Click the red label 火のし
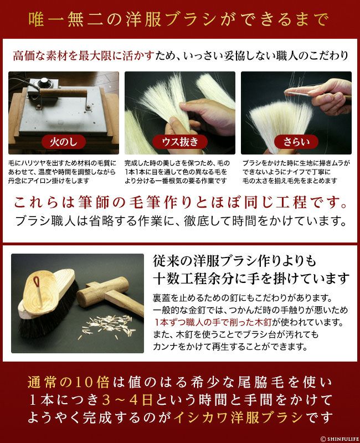click(64, 142)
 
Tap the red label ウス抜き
click(180, 142)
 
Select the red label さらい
click(296, 142)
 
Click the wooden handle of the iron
click(63, 93)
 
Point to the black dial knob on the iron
click(45, 81)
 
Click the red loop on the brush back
click(37, 281)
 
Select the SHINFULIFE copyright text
click(340, 439)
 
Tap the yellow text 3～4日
click(128, 400)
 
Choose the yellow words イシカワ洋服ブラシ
click(238, 418)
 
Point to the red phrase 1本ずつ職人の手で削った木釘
click(213, 322)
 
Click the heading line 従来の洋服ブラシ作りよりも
click(234, 261)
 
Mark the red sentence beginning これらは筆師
click(181, 203)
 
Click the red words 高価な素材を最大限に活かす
click(84, 56)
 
